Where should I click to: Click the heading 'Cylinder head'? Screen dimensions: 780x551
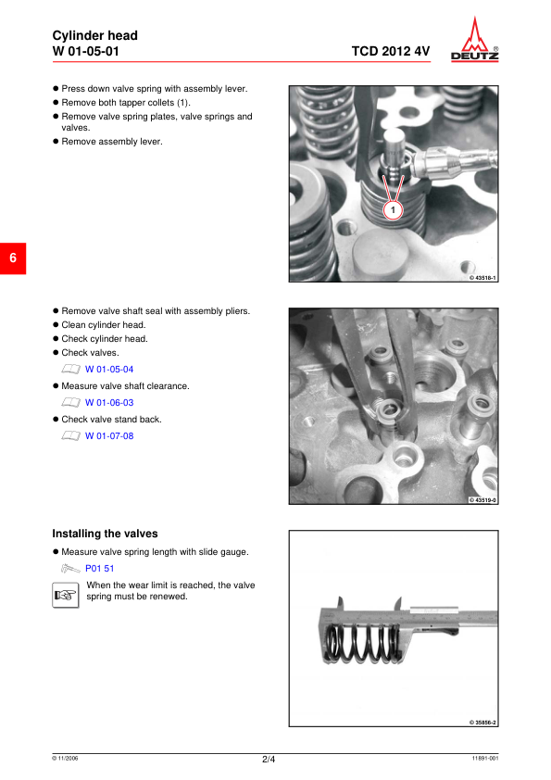click(x=94, y=35)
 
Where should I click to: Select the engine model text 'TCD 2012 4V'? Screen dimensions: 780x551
click(x=390, y=51)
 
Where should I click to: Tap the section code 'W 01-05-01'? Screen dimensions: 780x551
click(x=85, y=51)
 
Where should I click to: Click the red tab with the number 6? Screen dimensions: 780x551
click(x=13, y=258)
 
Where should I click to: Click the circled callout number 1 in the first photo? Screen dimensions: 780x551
click(x=394, y=211)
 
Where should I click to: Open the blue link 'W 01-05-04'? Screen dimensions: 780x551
click(x=109, y=369)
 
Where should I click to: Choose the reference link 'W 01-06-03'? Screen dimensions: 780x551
click(x=109, y=403)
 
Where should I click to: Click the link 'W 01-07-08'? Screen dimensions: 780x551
click(x=109, y=435)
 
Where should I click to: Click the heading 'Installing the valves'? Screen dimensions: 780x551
click(x=105, y=534)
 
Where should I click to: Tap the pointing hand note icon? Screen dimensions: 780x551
click(x=64, y=595)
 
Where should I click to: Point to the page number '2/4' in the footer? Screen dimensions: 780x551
click(x=269, y=760)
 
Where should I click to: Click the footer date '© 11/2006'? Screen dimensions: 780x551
click(x=65, y=759)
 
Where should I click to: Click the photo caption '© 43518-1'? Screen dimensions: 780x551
click(x=482, y=278)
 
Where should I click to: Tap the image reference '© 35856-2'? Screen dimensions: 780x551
click(x=482, y=722)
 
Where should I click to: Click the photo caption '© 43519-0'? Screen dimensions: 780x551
click(x=482, y=500)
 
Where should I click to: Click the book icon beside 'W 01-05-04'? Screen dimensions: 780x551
click(x=70, y=369)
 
